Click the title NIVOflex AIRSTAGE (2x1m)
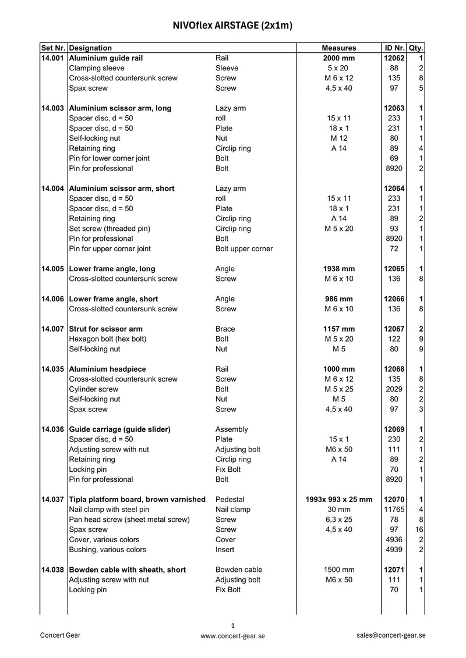(232, 26)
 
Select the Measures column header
(338, 48)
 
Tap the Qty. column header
(416, 48)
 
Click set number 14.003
(53, 108)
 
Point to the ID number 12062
(394, 58)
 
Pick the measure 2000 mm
(338, 58)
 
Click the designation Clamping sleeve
(96, 68)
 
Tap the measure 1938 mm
(338, 269)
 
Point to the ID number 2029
(394, 389)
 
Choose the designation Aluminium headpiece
(107, 369)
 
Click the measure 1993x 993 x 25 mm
(338, 499)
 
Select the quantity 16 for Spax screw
(419, 529)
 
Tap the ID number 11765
(394, 509)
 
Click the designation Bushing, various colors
(108, 549)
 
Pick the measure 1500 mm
(338, 570)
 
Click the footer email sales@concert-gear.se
(391, 635)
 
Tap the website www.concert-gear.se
(232, 636)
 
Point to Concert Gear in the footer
(60, 635)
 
